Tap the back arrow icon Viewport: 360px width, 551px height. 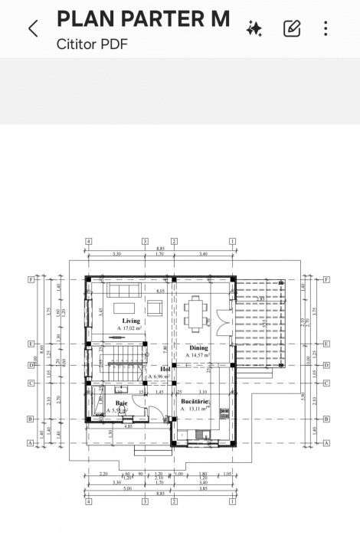(32, 29)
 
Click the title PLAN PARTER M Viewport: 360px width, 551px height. (143, 20)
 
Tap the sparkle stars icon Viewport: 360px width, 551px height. (254, 29)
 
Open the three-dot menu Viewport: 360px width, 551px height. (326, 29)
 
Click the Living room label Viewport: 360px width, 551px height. (131, 320)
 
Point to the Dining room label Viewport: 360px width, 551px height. (198, 347)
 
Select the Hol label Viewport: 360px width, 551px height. (165, 368)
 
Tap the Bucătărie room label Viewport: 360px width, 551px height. (195, 400)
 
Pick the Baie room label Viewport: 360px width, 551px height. (122, 403)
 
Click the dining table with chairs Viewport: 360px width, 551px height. (196, 312)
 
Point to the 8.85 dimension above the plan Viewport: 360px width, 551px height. (161, 248)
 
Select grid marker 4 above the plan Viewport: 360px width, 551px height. (89, 241)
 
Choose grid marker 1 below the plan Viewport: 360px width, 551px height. (232, 502)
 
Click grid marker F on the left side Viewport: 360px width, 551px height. (31, 279)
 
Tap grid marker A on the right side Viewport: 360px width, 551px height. (326, 443)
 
